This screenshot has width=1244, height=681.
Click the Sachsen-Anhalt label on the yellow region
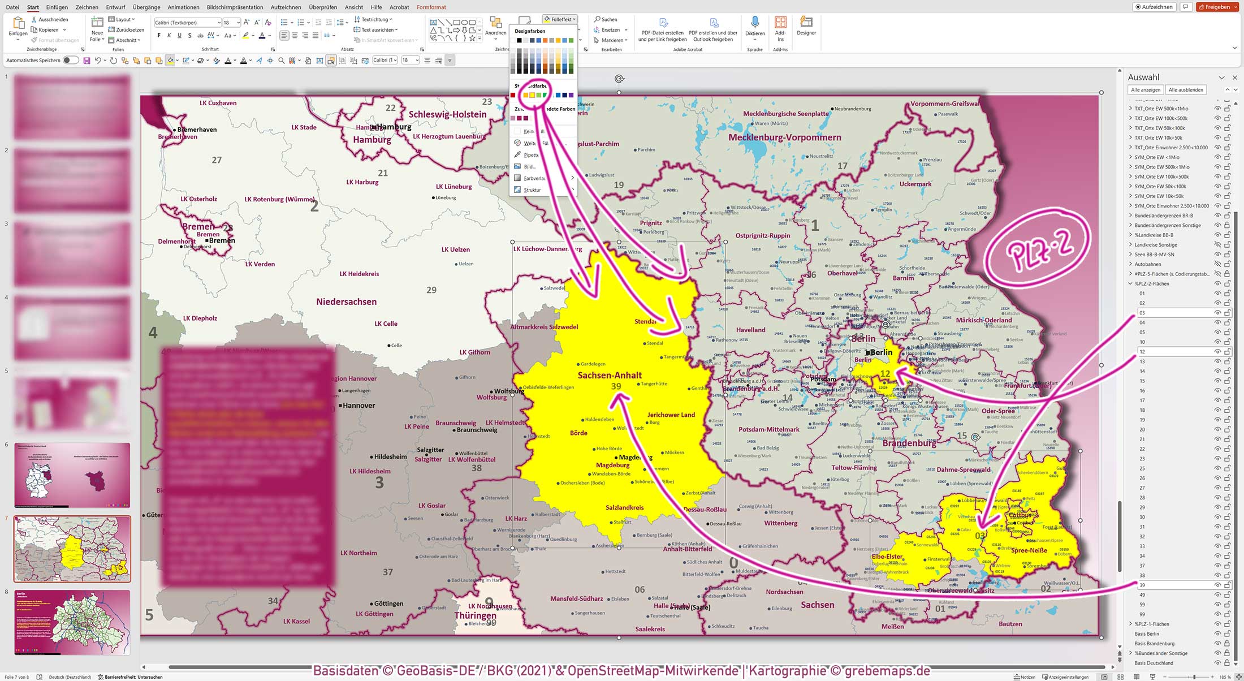click(x=610, y=375)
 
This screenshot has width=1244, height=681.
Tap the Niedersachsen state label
click(x=346, y=302)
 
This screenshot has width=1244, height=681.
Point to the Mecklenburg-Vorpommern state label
click(x=784, y=137)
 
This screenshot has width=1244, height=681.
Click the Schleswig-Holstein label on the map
click(x=447, y=114)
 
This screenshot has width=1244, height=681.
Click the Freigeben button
click(x=1217, y=7)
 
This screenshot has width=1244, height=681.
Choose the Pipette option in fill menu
click(x=530, y=155)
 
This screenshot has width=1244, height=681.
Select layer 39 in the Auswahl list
click(x=1143, y=585)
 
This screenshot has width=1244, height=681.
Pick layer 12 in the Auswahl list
click(x=1143, y=352)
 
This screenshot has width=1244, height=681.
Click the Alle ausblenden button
click(x=1185, y=90)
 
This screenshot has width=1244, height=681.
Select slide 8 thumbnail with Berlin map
click(x=72, y=622)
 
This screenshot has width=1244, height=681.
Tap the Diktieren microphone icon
click(x=755, y=23)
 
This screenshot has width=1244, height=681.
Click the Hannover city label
click(x=358, y=406)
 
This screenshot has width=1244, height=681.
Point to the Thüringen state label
click(x=475, y=615)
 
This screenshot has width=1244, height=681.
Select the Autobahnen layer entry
click(x=1148, y=264)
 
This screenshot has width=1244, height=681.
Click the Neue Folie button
click(x=97, y=28)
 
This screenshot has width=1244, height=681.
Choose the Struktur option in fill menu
click(x=532, y=190)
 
